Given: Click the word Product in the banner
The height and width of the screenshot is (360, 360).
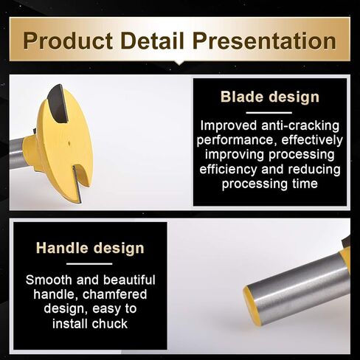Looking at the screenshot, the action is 68,41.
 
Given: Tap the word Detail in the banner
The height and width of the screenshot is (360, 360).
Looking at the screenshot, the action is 152,41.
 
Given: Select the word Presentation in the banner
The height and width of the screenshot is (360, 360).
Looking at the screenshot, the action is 264,41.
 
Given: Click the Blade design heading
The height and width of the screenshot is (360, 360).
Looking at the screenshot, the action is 270,97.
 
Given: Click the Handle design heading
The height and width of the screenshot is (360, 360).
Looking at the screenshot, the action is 90,248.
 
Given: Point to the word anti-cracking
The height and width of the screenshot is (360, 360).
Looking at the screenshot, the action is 300,125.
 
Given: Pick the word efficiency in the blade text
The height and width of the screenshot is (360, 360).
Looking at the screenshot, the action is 228,170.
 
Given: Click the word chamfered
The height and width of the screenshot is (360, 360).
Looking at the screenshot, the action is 114,294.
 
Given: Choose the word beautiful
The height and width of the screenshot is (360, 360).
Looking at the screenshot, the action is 129,280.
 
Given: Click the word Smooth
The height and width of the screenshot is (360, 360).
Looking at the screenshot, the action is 49,280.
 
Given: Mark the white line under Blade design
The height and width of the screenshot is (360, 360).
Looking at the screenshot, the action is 269,113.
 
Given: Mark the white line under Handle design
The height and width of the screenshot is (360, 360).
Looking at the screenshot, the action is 89,264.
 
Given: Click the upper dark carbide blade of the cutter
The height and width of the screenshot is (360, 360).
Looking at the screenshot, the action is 58,103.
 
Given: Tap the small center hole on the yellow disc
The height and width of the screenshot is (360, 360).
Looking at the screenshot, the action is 69,142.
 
